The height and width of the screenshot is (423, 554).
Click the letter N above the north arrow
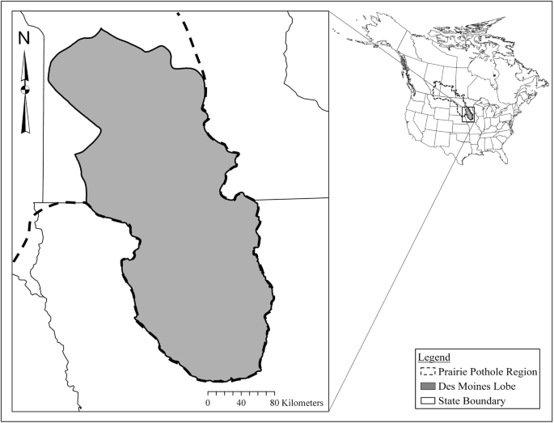pyautogui.click(x=24, y=37)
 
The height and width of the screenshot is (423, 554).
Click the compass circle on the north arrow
pyautogui.click(x=25, y=88)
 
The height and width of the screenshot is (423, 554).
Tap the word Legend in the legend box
pyautogui.click(x=434, y=357)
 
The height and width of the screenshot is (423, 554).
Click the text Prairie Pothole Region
pyautogui.click(x=484, y=371)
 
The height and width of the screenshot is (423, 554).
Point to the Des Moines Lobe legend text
pyautogui.click(x=477, y=386)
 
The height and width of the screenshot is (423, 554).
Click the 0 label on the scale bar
pyautogui.click(x=208, y=402)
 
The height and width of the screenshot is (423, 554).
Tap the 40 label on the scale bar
pyautogui.click(x=241, y=402)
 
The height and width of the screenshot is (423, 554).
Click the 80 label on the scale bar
pyautogui.click(x=275, y=402)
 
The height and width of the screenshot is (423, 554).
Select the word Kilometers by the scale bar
pyautogui.click(x=304, y=402)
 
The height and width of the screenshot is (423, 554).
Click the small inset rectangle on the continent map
pyautogui.click(x=467, y=115)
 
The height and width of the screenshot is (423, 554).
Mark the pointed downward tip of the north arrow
pyautogui.click(x=25, y=131)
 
